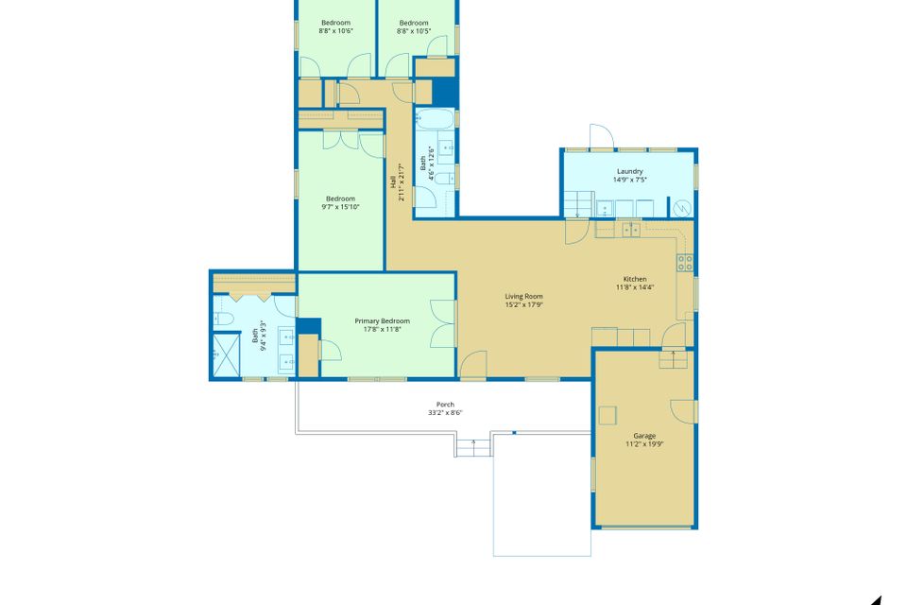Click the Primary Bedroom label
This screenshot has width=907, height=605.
tap(383, 320)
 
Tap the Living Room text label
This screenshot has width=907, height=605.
tap(523, 297)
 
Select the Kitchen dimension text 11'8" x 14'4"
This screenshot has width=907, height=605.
tap(635, 287)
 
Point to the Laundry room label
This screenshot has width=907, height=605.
tap(630, 171)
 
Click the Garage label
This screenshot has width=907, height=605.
tap(644, 436)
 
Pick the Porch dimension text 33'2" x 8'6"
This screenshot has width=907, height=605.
tap(445, 413)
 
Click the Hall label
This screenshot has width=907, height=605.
tap(393, 181)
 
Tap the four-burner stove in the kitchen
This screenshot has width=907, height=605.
tap(685, 263)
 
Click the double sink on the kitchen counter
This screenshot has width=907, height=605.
tap(631, 230)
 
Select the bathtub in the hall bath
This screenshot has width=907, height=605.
tap(435, 119)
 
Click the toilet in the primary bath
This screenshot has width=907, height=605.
tap(223, 318)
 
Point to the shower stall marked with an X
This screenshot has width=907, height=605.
tap(226, 354)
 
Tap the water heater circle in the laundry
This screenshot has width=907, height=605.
tap(683, 208)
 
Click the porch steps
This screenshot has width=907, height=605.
tap(473, 447)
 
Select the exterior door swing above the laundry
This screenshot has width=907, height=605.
tap(602, 136)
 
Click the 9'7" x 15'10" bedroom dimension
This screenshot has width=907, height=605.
tap(340, 207)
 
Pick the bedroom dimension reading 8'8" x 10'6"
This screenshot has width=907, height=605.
tap(335, 30)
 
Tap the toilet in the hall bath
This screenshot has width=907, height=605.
tap(444, 179)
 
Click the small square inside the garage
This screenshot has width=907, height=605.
tap(608, 416)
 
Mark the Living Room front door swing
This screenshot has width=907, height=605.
tap(473, 365)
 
